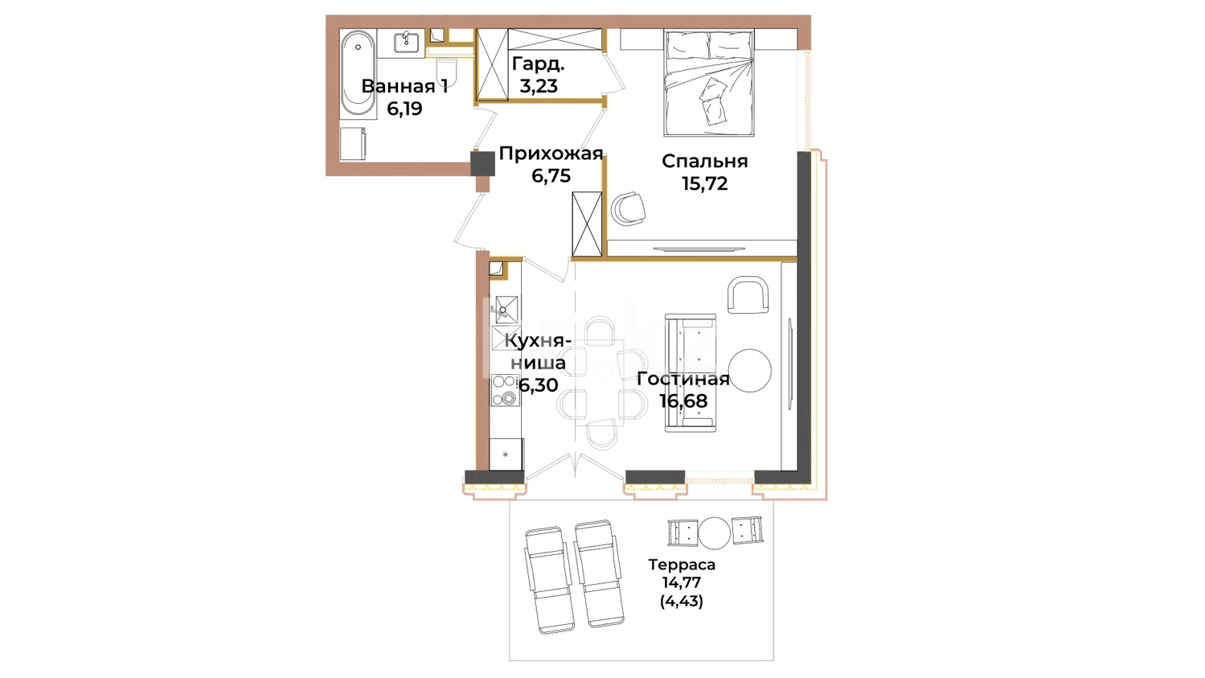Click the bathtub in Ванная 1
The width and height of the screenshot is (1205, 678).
358,74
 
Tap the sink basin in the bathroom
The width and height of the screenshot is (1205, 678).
407,42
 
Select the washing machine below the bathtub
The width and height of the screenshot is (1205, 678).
353,144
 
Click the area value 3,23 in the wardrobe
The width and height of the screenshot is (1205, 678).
539,85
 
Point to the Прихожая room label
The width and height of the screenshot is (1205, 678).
551,154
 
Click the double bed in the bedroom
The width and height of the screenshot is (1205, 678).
709,82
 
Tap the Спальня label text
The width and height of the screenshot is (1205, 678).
705,161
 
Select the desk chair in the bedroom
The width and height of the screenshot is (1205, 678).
629,208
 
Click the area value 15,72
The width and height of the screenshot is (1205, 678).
705,183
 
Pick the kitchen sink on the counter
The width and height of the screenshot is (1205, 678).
506,310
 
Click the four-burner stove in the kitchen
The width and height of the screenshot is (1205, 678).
505,390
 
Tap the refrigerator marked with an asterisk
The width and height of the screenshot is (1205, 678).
506,454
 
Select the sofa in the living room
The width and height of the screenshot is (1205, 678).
691,373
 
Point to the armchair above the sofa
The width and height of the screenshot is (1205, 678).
748,294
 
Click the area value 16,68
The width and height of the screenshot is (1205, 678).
683,401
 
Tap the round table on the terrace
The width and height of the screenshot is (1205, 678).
715,532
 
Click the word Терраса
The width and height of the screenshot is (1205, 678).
682,565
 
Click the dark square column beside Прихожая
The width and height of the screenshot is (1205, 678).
482,163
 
